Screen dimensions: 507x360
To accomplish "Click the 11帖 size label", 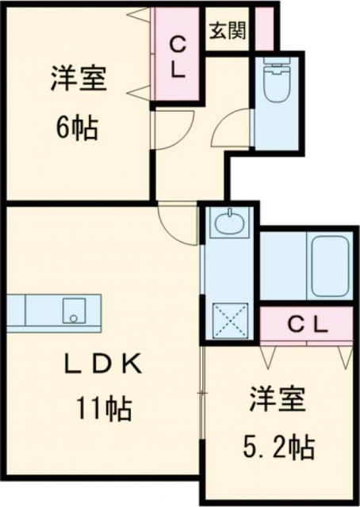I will click(x=104, y=409).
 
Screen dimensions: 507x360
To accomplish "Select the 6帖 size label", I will click(x=77, y=127).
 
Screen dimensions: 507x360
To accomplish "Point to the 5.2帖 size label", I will click(x=280, y=446).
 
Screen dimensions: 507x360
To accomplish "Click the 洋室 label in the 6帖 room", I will click(x=77, y=80).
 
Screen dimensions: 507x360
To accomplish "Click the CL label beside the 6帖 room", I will click(x=178, y=57).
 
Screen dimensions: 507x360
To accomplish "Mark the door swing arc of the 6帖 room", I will click(x=173, y=127).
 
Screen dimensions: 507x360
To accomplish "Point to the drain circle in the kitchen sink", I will click(x=72, y=318).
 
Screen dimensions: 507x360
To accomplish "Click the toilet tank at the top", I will click(x=278, y=67).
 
